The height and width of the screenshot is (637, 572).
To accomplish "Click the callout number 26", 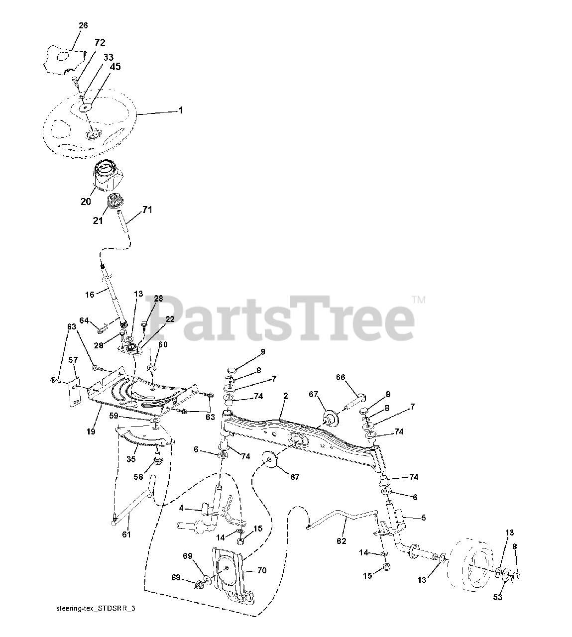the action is pyautogui.click(x=83, y=26).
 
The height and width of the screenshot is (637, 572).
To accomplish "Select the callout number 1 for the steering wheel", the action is pyautogui.click(x=181, y=110).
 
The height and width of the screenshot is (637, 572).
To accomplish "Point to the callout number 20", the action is pyautogui.click(x=86, y=202).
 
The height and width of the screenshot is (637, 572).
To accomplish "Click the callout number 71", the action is pyautogui.click(x=147, y=211).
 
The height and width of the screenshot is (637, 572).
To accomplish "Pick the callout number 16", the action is pyautogui.click(x=90, y=295).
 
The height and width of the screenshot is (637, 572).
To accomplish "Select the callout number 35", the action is pyautogui.click(x=131, y=459).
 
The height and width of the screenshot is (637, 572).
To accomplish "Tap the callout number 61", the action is pyautogui.click(x=126, y=534).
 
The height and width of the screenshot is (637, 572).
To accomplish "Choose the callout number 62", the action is pyautogui.click(x=342, y=541).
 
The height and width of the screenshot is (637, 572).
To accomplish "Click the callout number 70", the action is pyautogui.click(x=261, y=570).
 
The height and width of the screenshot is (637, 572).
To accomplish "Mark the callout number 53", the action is pyautogui.click(x=497, y=597).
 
